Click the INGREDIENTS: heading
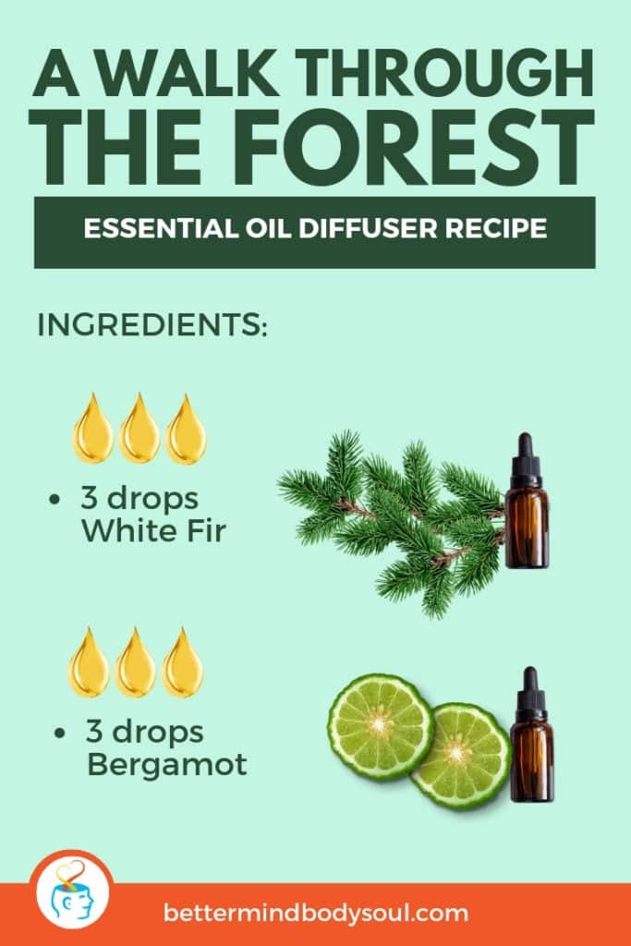(x=152, y=326)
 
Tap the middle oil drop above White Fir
(x=140, y=429)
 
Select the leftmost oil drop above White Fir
(x=93, y=429)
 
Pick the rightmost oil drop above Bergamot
(x=183, y=662)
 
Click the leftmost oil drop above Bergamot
(x=90, y=662)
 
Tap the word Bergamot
(x=166, y=765)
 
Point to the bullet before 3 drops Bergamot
(x=61, y=734)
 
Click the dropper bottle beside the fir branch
(x=527, y=503)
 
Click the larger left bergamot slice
(x=381, y=727)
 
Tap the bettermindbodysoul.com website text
(x=316, y=914)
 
